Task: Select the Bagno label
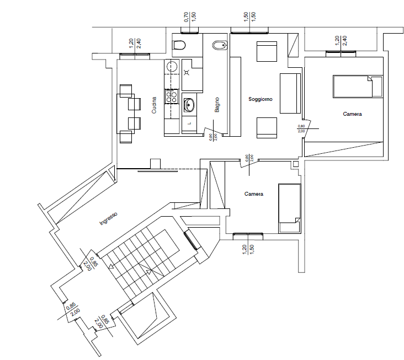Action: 217,105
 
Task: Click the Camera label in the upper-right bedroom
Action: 352,114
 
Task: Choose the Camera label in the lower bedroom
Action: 254,194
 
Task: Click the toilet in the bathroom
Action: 180,46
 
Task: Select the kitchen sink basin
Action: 189,104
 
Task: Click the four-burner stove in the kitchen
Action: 172,98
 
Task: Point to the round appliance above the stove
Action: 172,67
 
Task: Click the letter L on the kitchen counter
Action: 189,123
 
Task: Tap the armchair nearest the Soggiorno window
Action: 266,52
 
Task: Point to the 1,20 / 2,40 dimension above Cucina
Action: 134,44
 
